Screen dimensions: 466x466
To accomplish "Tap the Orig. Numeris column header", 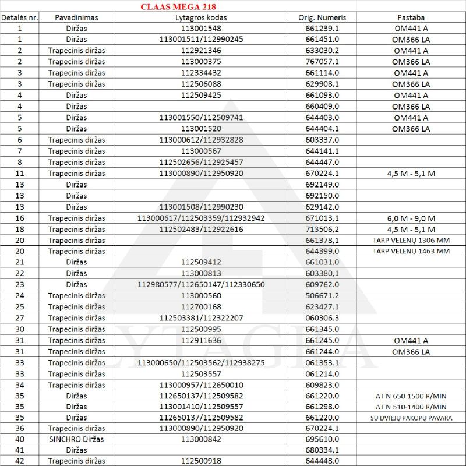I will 322,17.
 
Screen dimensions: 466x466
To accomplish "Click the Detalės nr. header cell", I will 20,17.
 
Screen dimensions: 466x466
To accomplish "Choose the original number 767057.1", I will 322,62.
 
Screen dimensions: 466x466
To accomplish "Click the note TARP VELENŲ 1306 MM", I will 411,240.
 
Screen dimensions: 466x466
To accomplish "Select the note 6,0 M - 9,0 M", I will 411,218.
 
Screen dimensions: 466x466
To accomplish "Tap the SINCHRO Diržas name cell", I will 76,440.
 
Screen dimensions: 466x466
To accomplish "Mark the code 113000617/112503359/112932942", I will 200,218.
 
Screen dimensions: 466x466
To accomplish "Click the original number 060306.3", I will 322,318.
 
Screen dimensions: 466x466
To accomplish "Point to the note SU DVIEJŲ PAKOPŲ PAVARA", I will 411,418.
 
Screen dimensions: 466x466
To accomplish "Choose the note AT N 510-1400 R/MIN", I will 411,407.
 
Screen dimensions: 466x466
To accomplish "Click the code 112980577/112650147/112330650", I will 201,285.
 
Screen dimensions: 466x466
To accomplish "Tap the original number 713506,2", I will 322,229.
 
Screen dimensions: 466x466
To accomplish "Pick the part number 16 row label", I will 20,218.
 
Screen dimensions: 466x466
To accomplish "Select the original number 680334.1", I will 322,451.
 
